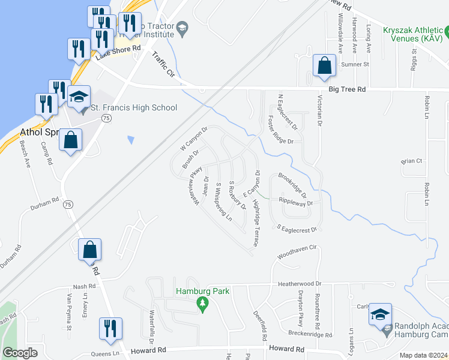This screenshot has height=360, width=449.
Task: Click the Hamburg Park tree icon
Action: [x=203, y=305]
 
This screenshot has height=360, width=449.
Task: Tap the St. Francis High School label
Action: [x=133, y=108]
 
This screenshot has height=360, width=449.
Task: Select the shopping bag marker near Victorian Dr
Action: [x=324, y=67]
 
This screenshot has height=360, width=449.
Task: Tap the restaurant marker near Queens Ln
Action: [x=110, y=330]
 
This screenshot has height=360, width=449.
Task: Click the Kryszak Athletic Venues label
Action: [x=409, y=34]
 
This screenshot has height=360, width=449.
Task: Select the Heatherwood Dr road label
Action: [x=300, y=283]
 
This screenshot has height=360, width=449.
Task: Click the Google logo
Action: [x=20, y=353]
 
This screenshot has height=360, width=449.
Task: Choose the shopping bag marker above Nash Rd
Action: [x=89, y=250]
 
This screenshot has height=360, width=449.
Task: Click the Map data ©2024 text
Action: [x=423, y=355]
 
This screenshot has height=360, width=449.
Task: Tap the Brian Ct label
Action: [x=412, y=161]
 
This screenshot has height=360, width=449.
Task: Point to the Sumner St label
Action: [x=354, y=64]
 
